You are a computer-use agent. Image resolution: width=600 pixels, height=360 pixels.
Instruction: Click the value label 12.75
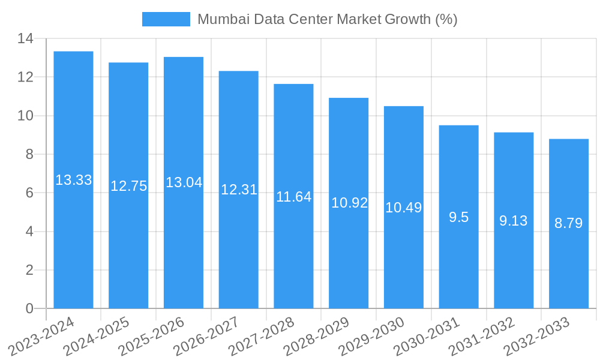[x=128, y=186]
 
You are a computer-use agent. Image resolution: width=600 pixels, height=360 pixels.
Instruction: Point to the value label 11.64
[x=294, y=196]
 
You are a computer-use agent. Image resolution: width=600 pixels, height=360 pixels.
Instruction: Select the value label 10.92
[x=349, y=203]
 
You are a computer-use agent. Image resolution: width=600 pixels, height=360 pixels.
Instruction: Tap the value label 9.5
[x=459, y=217]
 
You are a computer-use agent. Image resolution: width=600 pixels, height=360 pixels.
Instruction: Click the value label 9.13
[x=514, y=221]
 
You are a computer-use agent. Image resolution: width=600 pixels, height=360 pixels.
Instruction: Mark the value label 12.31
[x=239, y=190]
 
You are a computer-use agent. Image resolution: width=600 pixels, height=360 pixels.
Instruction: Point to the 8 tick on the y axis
[x=29, y=155]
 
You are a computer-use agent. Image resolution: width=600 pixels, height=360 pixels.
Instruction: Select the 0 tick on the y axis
[x=29, y=309]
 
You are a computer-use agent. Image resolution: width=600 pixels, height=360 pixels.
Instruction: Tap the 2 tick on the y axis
[x=29, y=271]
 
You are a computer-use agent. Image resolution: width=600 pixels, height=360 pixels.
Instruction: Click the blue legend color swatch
[x=166, y=19]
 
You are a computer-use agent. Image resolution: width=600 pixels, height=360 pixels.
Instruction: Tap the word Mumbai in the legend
[x=217, y=19]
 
